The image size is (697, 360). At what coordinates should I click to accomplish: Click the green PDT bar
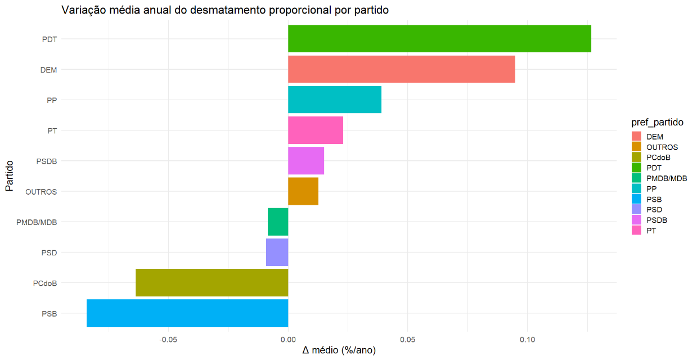click(x=439, y=39)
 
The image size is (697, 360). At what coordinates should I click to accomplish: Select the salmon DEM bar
click(x=401, y=69)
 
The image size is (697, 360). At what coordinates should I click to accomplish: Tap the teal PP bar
click(x=335, y=100)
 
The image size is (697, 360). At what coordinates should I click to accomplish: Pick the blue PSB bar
click(x=187, y=313)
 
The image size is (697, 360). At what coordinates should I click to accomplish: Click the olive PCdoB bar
click(x=212, y=282)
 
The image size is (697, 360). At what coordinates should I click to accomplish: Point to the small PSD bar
click(x=277, y=252)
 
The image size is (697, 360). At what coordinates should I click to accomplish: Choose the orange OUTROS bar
click(x=303, y=191)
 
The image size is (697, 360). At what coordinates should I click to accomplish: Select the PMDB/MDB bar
click(x=278, y=222)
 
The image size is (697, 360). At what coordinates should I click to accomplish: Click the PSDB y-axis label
click(x=46, y=161)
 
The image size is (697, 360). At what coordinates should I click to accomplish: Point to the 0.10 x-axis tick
click(x=527, y=339)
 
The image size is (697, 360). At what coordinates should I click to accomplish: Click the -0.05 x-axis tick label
click(x=169, y=339)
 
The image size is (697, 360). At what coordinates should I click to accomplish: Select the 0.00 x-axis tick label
click(x=288, y=339)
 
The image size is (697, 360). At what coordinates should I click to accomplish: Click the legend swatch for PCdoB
click(x=637, y=157)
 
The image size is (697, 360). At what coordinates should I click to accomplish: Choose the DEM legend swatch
click(x=637, y=136)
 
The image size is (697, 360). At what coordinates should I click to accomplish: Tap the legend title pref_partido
click(x=657, y=122)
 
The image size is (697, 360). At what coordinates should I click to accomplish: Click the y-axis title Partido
click(x=10, y=175)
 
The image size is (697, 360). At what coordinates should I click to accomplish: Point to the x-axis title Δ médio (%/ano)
click(x=339, y=350)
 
